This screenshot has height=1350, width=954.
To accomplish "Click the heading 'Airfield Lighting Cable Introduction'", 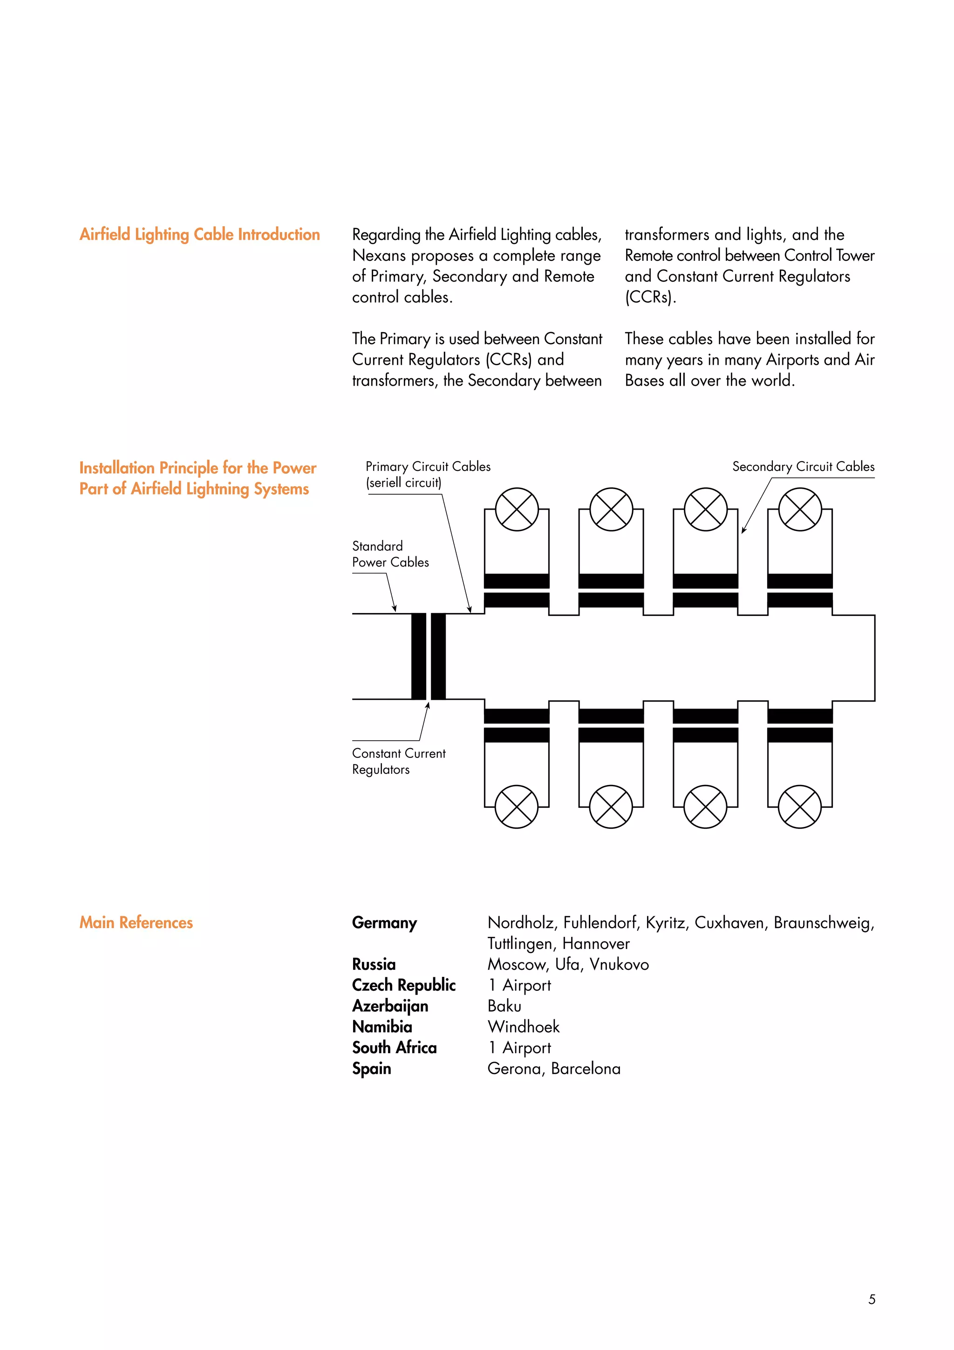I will click(x=199, y=235).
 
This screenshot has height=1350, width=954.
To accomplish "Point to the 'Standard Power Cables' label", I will click(x=390, y=554).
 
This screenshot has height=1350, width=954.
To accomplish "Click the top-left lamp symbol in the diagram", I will click(x=516, y=509).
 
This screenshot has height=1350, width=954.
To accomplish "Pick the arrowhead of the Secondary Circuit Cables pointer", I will click(x=743, y=530).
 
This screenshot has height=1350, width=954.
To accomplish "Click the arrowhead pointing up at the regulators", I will click(x=427, y=706).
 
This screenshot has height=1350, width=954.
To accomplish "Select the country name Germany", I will click(x=384, y=922).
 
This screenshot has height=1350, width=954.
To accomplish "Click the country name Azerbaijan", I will click(x=390, y=1006).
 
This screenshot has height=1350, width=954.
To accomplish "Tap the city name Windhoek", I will click(x=523, y=1027).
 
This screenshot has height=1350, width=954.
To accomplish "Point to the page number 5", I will click(x=871, y=1299).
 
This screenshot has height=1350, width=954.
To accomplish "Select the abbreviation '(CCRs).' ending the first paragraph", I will click(x=650, y=298).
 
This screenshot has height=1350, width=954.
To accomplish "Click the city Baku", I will click(x=504, y=1006).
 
